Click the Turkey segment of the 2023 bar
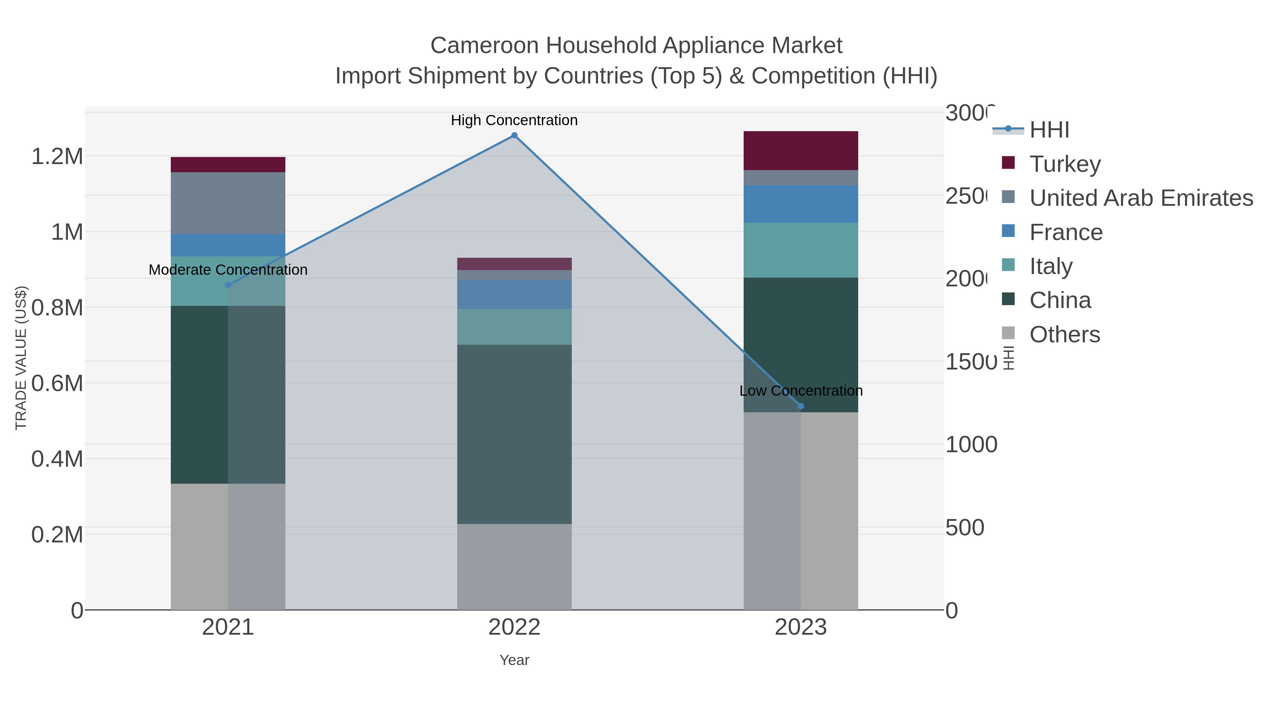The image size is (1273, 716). [801, 151]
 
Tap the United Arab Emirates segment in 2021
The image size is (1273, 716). [228, 203]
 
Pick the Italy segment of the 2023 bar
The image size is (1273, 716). [801, 250]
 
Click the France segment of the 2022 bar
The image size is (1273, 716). [514, 295]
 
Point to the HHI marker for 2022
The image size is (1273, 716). [514, 135]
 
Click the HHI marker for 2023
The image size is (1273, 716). [801, 406]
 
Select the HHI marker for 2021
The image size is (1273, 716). [228, 285]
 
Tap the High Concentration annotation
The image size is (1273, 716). [514, 120]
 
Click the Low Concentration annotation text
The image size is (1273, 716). [801, 391]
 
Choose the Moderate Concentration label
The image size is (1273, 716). [228, 270]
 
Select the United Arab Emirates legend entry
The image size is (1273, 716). [1140, 198]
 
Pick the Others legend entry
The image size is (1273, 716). [1064, 334]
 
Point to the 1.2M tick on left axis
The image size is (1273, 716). [57, 157]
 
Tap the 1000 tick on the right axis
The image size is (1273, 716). [971, 445]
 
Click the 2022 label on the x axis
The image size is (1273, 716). [514, 628]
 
